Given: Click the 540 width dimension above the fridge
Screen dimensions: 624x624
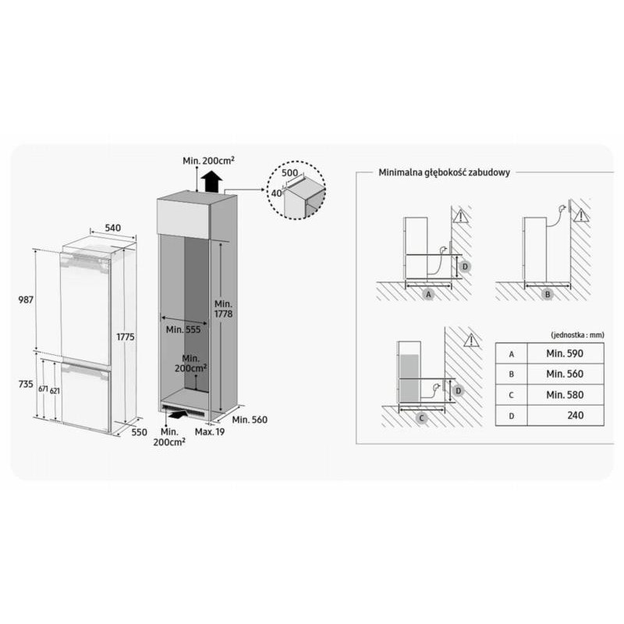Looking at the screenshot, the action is (x=112, y=228).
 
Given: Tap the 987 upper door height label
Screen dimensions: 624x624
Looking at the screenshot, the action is (x=26, y=300).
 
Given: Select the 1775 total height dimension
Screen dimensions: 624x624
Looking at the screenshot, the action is (x=126, y=337).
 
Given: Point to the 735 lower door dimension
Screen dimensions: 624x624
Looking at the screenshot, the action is (x=26, y=384).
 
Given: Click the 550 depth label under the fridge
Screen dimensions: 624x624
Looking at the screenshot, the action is (x=140, y=432).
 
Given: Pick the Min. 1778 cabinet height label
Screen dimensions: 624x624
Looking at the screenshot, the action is (x=223, y=309).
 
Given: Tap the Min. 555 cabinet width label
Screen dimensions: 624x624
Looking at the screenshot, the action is (x=183, y=329).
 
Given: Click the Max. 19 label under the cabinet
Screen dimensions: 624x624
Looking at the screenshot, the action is (x=210, y=432).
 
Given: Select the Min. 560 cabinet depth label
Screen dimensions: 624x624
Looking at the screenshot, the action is (x=250, y=420).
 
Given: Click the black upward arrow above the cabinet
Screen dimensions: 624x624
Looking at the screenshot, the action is (x=211, y=182).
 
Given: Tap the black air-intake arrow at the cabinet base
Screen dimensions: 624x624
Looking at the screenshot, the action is (x=177, y=415).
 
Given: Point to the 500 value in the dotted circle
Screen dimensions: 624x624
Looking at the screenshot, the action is (x=289, y=172).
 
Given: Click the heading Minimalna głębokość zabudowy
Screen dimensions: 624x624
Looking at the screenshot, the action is (x=444, y=172).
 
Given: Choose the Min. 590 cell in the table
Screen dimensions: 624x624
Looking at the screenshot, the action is (x=565, y=353).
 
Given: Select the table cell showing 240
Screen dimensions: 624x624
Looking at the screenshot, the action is (x=565, y=416).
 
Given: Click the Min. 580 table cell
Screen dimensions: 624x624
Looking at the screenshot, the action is (x=565, y=395).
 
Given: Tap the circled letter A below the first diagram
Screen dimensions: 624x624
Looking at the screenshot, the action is (x=428, y=295).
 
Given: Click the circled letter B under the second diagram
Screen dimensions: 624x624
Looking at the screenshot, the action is (x=548, y=295).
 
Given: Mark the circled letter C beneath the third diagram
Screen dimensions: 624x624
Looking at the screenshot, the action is (x=421, y=418).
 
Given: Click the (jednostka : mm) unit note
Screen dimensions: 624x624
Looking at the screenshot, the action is (x=577, y=335).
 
